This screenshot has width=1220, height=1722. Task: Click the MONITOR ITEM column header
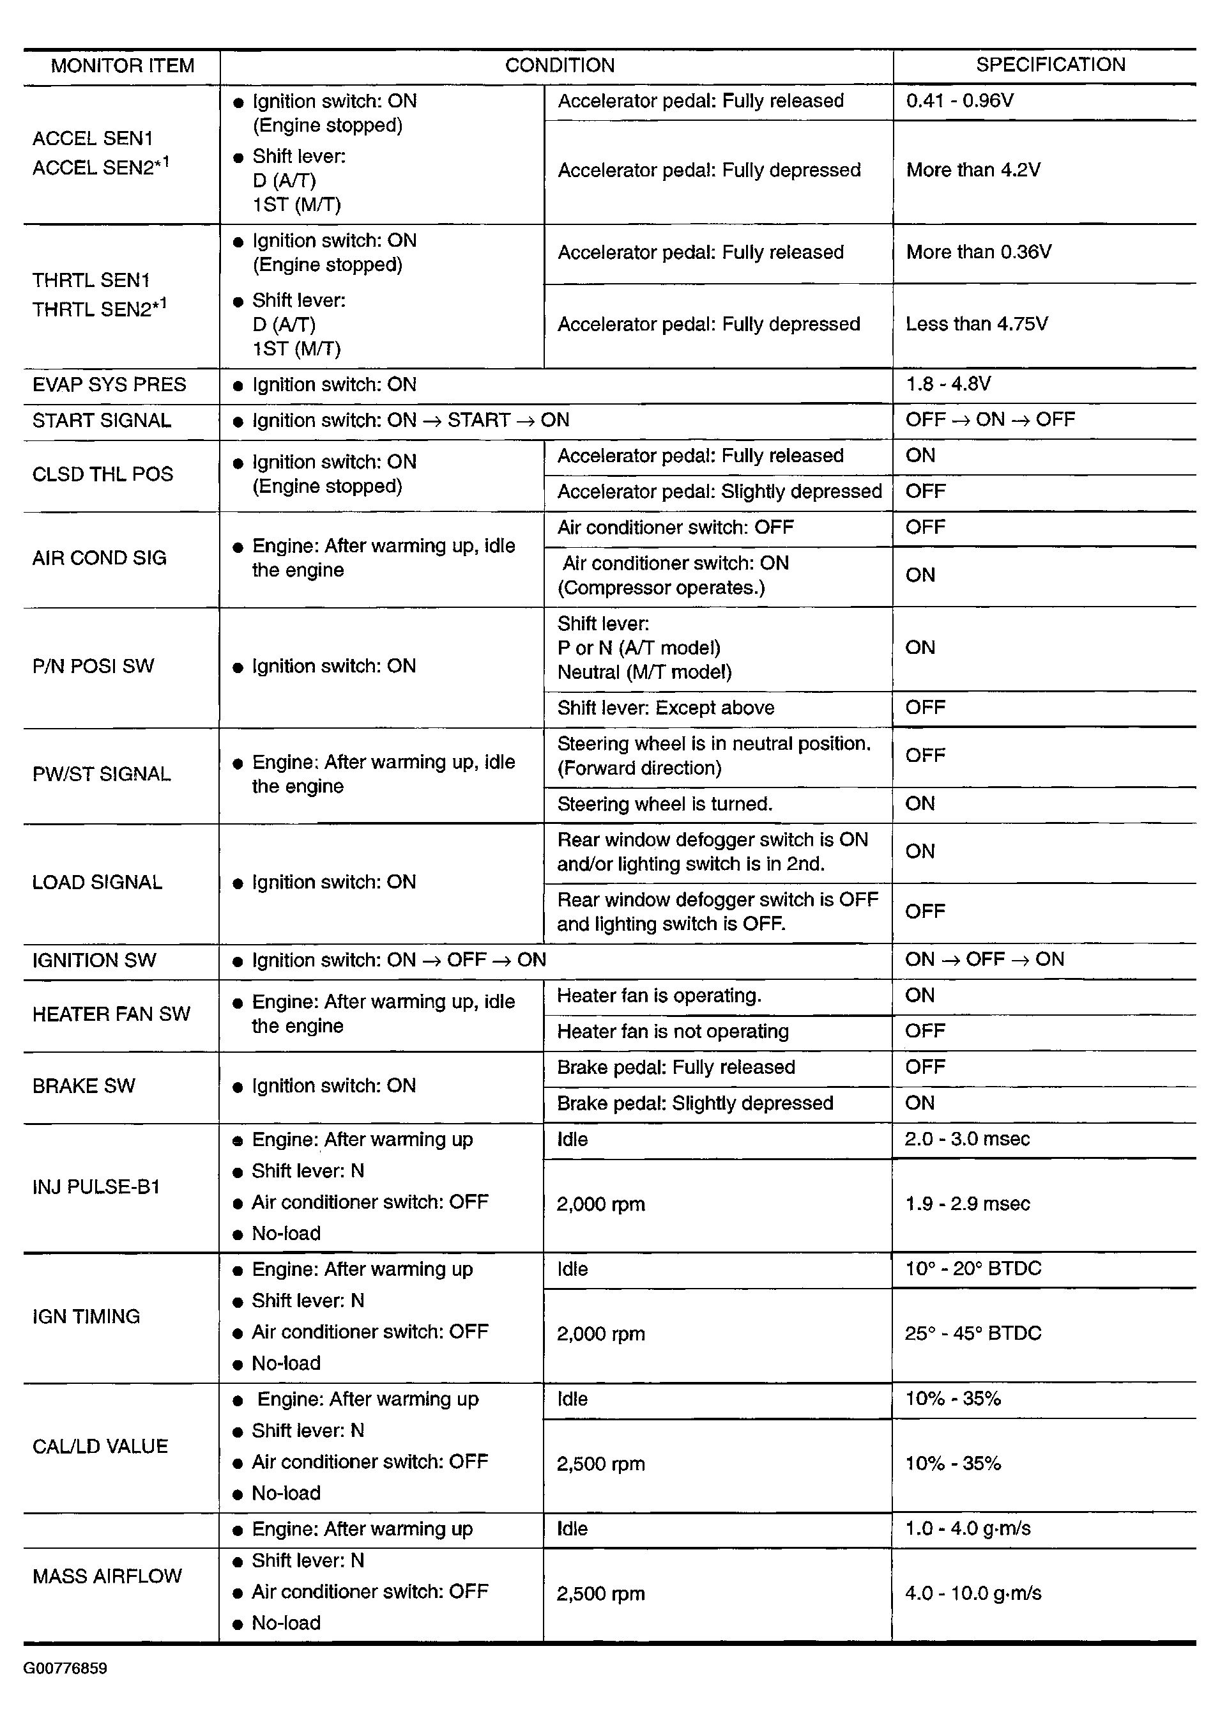[122, 66]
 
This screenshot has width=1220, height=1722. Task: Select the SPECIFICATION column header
[1049, 65]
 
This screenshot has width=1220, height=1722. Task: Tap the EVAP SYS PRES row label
[109, 385]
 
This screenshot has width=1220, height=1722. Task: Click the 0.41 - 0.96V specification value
[959, 101]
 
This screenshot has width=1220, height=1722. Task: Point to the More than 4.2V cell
[973, 170]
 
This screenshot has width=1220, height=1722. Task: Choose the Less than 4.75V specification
[976, 324]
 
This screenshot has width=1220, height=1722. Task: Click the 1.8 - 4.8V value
[947, 384]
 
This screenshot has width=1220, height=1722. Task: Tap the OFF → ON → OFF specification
[989, 419]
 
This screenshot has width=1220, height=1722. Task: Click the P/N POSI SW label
[93, 666]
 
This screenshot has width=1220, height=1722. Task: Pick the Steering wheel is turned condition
[664, 804]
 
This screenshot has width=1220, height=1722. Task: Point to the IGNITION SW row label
[94, 961]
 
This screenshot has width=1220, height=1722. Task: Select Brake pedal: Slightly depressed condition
[695, 1103]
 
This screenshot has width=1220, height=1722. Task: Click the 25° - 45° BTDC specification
[973, 1333]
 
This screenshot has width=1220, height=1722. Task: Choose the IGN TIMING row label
[86, 1317]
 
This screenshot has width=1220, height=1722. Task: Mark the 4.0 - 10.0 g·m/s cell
[973, 1594]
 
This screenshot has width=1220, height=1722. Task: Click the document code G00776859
[65, 1669]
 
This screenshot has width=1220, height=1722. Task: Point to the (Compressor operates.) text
[661, 588]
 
